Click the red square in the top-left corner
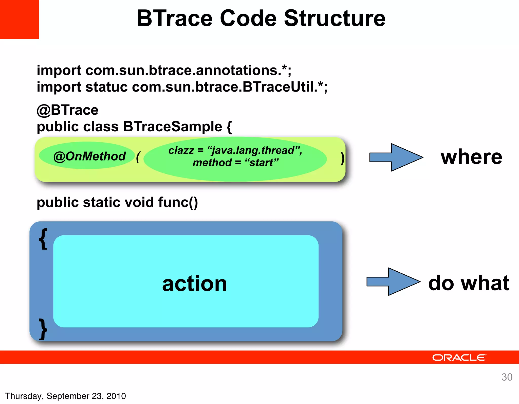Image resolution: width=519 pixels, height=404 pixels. click(19, 19)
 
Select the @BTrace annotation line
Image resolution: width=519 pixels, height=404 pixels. click(67, 110)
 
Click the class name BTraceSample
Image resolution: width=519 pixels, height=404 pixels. click(173, 127)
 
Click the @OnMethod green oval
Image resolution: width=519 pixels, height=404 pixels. click(87, 156)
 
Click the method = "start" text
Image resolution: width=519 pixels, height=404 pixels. click(235, 163)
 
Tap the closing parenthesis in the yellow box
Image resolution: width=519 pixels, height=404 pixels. click(342, 159)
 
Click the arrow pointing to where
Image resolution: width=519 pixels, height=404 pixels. click(396, 157)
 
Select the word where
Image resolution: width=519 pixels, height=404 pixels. click(471, 157)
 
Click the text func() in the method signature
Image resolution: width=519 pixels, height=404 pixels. click(178, 202)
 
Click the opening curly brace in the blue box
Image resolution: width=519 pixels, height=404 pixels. click(43, 239)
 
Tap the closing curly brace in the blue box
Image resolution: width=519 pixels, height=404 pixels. click(43, 329)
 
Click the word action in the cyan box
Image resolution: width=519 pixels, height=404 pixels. click(194, 284)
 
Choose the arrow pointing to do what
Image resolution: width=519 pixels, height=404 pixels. click(393, 282)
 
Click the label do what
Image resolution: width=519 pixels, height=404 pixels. click(469, 283)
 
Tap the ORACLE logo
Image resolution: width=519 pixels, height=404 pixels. click(459, 358)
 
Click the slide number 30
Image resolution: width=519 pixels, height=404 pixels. click(507, 377)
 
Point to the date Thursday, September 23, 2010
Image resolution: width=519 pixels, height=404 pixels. click(65, 396)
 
